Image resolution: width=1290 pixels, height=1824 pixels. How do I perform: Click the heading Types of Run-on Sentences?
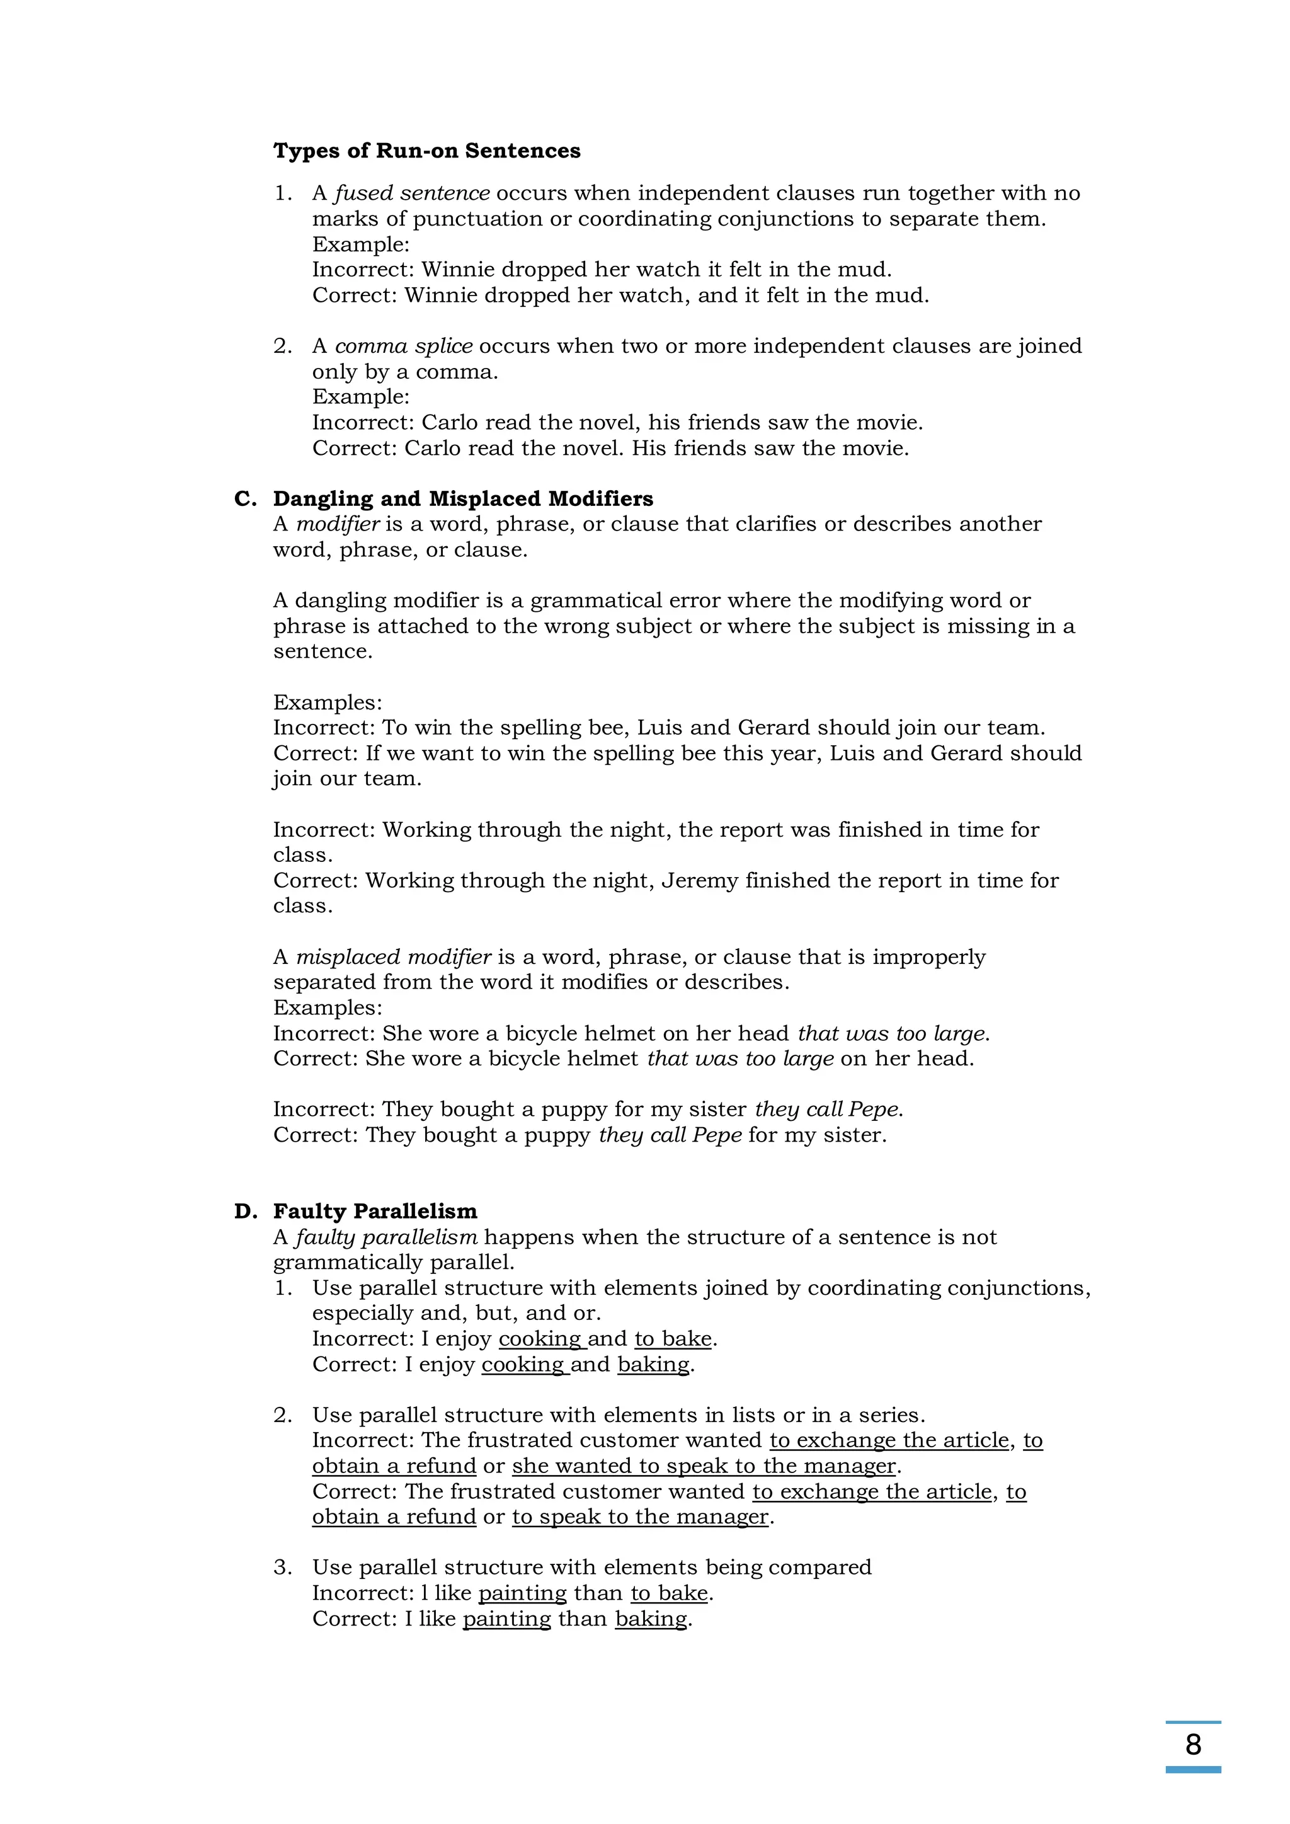[426, 151]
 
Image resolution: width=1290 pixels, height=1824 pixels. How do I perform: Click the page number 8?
[1192, 1744]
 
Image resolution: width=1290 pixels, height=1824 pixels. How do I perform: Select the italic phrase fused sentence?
[411, 193]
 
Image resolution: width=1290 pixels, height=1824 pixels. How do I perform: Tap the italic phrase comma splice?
[404, 347]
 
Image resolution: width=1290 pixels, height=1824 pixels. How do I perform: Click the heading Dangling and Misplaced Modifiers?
[463, 499]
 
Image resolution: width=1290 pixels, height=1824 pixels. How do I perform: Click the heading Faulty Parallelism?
[375, 1212]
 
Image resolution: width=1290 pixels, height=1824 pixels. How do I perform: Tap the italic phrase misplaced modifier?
[394, 957]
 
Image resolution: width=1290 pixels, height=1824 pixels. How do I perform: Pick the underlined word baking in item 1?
[653, 1365]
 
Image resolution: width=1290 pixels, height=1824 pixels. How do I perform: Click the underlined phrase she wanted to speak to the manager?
[704, 1467]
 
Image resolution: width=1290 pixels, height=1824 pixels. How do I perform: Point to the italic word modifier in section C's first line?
[338, 524]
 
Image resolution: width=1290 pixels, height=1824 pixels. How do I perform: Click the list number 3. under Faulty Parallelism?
[283, 1568]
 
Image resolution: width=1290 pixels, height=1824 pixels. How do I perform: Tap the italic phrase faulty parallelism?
[386, 1237]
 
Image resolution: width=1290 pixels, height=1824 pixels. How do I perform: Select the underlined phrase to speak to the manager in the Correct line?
[640, 1517]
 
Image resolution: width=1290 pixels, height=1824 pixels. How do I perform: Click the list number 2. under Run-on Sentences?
[283, 347]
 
